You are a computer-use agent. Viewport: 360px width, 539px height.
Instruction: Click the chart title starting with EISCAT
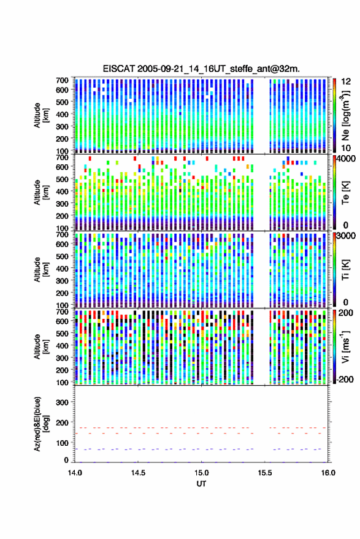tap(201, 69)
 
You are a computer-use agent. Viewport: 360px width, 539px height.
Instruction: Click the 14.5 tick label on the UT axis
tap(138, 473)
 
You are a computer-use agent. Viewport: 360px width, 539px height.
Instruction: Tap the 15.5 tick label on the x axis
tap(264, 473)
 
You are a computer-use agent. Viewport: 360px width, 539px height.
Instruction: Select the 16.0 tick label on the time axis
tap(328, 473)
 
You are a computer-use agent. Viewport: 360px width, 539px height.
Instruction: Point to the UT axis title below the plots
tap(201, 484)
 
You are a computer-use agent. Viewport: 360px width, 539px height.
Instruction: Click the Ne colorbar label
tap(345, 116)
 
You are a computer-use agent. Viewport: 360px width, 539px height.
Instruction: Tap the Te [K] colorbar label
tap(345, 193)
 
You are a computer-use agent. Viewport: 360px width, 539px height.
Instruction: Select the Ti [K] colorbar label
tap(345, 270)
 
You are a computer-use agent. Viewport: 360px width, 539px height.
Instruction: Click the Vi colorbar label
tap(345, 346)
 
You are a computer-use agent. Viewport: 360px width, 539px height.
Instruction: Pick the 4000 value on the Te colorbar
tap(346, 159)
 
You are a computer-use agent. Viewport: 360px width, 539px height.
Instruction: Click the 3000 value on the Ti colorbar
tap(346, 236)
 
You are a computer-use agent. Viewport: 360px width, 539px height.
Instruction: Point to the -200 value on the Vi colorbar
tap(345, 379)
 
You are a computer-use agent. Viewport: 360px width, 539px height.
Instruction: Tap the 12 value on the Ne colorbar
tap(346, 82)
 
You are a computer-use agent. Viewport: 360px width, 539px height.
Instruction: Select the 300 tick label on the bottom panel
tap(62, 402)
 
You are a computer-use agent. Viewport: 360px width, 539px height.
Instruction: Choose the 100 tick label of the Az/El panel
tap(62, 443)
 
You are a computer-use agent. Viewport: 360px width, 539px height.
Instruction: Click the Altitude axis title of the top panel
tap(41, 115)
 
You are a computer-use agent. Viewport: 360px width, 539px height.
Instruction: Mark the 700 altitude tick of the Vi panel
tap(62, 312)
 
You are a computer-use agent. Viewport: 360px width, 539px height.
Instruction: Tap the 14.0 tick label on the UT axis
tap(75, 473)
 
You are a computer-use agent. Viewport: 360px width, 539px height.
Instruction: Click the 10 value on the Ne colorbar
tap(346, 148)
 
